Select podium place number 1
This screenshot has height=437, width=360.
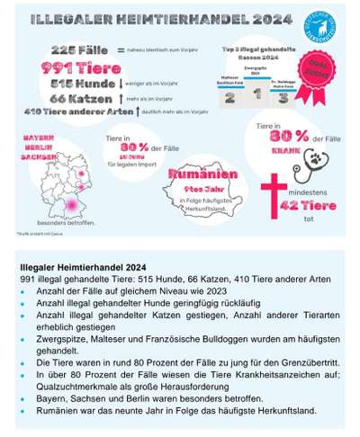click(x=257, y=92)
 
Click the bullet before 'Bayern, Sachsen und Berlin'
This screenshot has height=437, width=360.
click(x=24, y=397)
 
